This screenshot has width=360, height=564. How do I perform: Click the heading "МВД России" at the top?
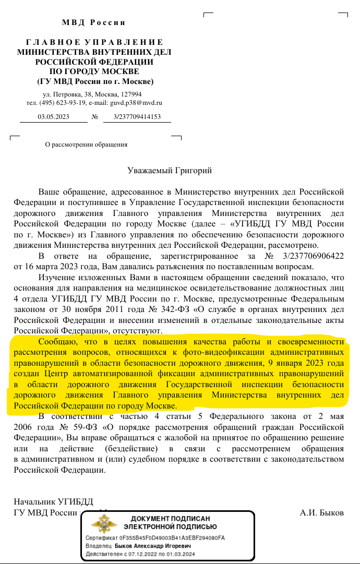click(x=94, y=22)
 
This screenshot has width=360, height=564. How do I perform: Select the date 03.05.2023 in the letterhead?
click(x=53, y=117)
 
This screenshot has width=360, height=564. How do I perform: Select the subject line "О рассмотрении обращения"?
click(x=87, y=145)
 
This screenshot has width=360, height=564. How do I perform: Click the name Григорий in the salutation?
click(x=194, y=171)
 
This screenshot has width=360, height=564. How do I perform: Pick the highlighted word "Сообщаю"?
click(x=58, y=342)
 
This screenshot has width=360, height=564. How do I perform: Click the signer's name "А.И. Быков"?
click(x=321, y=512)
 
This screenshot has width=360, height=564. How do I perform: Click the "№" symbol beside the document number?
click(x=95, y=117)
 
